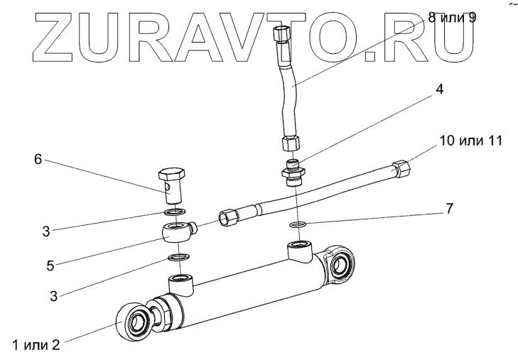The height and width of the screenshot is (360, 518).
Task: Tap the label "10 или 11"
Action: [470, 141]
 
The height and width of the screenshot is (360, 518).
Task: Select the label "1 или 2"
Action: [36, 345]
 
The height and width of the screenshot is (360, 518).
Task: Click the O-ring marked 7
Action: [298, 226]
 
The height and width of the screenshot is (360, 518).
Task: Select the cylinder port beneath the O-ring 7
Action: [298, 251]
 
